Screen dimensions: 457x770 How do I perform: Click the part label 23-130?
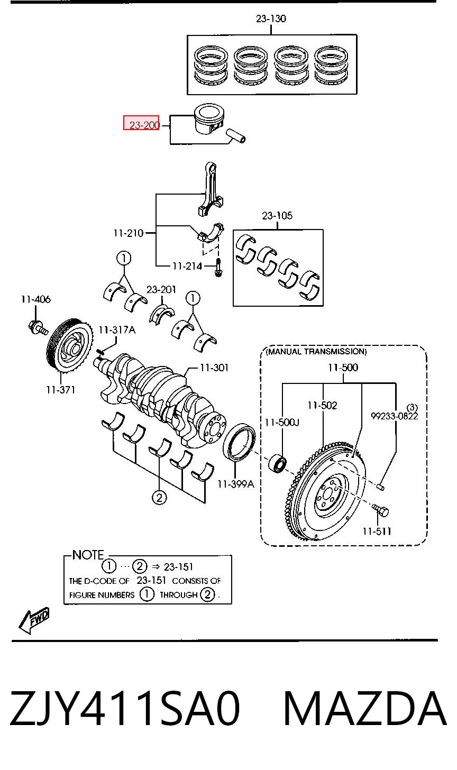(x=271, y=18)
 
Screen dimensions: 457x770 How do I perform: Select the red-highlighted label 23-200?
(x=141, y=123)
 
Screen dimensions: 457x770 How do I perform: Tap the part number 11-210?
(x=128, y=233)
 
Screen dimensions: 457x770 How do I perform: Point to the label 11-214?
(x=187, y=266)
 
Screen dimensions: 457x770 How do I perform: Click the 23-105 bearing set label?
(x=277, y=216)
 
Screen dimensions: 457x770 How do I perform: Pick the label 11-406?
(x=36, y=299)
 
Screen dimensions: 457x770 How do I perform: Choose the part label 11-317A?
(x=117, y=330)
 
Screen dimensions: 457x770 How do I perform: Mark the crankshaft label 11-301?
(x=214, y=368)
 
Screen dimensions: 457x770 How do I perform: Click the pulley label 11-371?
(x=60, y=390)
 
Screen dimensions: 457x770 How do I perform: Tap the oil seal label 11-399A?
(x=236, y=484)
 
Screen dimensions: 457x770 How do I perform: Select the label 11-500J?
(x=282, y=422)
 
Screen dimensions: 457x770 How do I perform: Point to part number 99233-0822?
(x=395, y=416)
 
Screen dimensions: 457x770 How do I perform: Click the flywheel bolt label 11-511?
(x=377, y=531)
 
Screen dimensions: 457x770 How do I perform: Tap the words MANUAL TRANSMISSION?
(x=316, y=351)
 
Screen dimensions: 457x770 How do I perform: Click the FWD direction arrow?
(x=33, y=620)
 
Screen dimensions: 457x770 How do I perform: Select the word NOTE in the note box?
(x=88, y=555)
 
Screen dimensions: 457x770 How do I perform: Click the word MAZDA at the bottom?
(x=365, y=708)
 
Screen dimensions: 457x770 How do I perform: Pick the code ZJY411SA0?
(x=124, y=708)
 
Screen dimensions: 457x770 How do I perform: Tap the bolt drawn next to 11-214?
(x=218, y=268)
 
